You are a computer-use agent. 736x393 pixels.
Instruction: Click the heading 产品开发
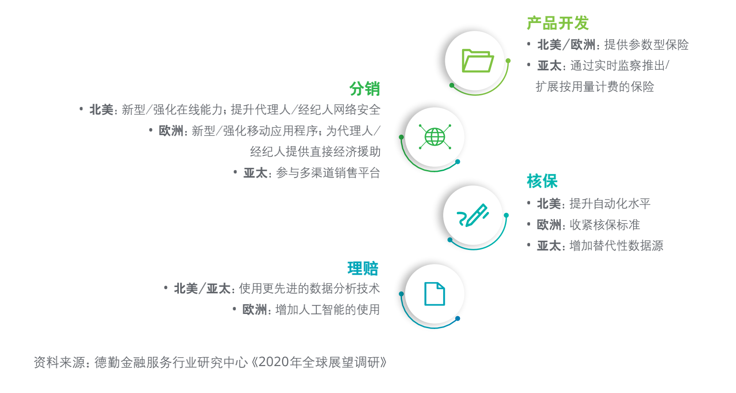[558, 23]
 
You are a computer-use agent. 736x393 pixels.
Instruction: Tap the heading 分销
[365, 89]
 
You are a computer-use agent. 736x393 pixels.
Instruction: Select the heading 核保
[542, 181]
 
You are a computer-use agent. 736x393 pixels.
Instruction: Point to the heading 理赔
[363, 268]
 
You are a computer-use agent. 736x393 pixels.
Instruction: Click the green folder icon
[478, 60]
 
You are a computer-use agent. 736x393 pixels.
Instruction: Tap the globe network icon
[435, 136]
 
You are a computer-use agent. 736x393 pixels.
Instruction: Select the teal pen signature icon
[473, 215]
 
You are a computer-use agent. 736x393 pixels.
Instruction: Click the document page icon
[435, 294]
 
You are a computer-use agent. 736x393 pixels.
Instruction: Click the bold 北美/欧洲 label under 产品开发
[566, 45]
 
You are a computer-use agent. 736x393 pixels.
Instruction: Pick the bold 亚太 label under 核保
[549, 246]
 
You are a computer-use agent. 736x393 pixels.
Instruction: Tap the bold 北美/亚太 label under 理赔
[202, 288]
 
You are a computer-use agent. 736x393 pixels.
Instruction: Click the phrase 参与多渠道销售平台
[328, 173]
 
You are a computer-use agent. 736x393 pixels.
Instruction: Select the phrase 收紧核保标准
[604, 225]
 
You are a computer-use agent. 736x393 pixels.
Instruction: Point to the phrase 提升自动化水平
[610, 204]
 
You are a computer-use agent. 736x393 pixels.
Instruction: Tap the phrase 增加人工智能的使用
[327, 309]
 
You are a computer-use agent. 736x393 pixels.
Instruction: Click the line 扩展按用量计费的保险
[595, 87]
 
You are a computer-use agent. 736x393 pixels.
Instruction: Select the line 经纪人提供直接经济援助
[315, 152]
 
